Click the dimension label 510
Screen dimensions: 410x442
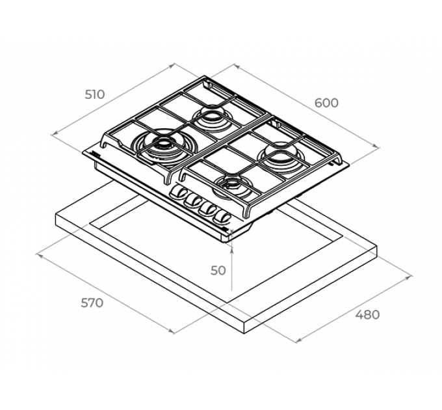point(95,94)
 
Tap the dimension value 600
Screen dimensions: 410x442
point(326,103)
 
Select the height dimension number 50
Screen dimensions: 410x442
point(218,269)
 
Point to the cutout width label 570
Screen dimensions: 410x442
point(92,303)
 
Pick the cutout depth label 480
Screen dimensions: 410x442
point(367,315)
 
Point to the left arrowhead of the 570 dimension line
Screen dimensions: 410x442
point(38,254)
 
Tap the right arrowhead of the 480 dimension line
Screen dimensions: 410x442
point(410,276)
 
